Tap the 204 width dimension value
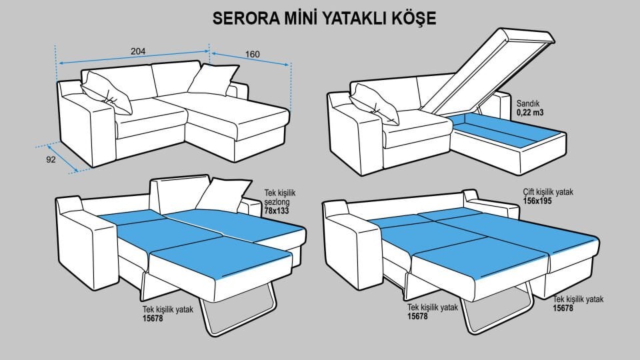pos(138,51)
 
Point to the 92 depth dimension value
pos(50,160)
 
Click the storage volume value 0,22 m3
pos(530,113)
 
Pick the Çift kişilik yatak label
pos(547,191)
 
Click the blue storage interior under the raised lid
pos(507,130)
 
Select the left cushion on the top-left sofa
pos(106,93)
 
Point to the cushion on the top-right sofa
pos(374,104)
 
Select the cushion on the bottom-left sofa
pos(223,195)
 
